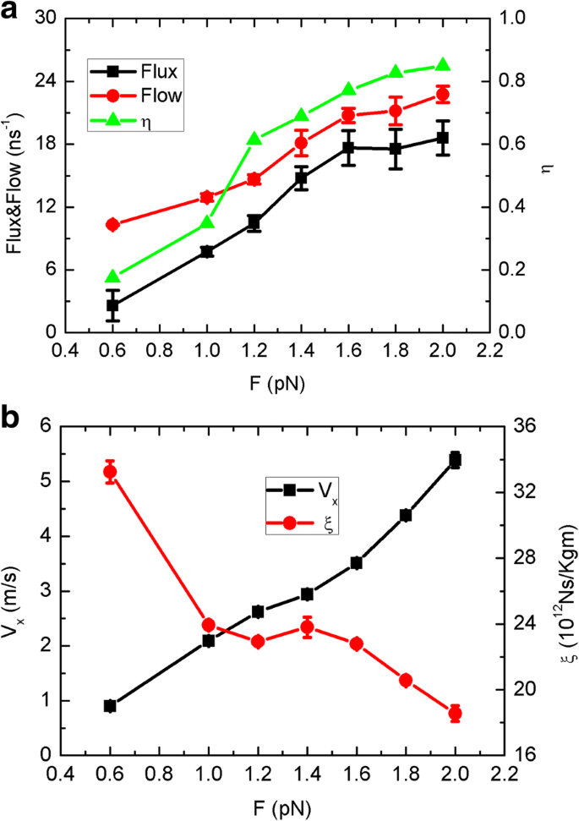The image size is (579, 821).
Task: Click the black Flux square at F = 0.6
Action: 112,305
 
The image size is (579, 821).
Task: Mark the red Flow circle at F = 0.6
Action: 112,224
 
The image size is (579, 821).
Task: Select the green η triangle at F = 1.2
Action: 253,139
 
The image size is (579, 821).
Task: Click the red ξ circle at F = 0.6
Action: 110,472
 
